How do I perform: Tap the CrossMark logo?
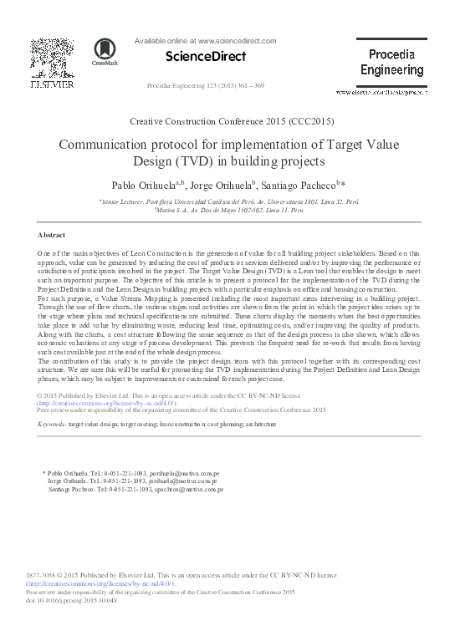click(105, 51)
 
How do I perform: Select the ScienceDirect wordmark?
click(206, 56)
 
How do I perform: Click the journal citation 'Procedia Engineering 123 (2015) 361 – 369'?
click(205, 86)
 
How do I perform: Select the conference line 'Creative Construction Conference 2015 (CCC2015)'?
click(227, 121)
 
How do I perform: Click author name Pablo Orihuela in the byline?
click(151, 184)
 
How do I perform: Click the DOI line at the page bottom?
click(68, 599)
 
